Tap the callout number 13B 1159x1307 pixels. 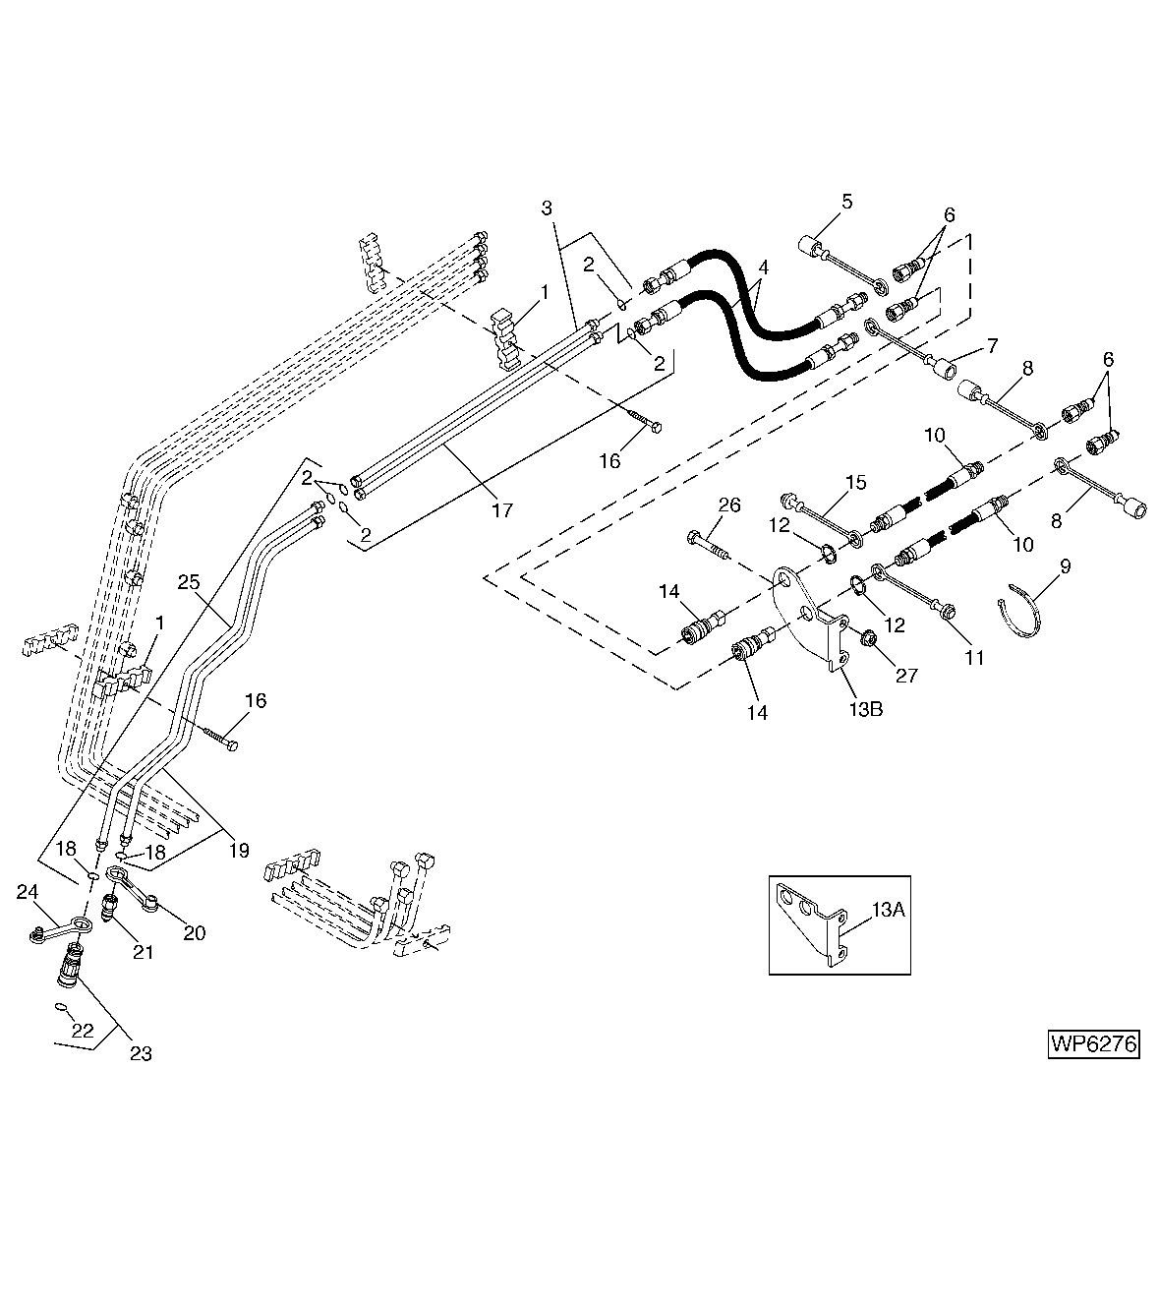coord(865,708)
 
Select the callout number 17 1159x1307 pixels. coord(501,510)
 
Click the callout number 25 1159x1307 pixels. coord(189,582)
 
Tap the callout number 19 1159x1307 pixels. coord(239,851)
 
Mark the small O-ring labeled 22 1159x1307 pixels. coord(61,1006)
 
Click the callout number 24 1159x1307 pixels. coord(28,892)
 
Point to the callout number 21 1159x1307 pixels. coord(144,952)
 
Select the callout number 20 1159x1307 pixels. coord(194,932)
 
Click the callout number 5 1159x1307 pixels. coord(846,201)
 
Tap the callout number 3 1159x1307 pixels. coord(548,208)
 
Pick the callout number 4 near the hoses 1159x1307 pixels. coord(763,267)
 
